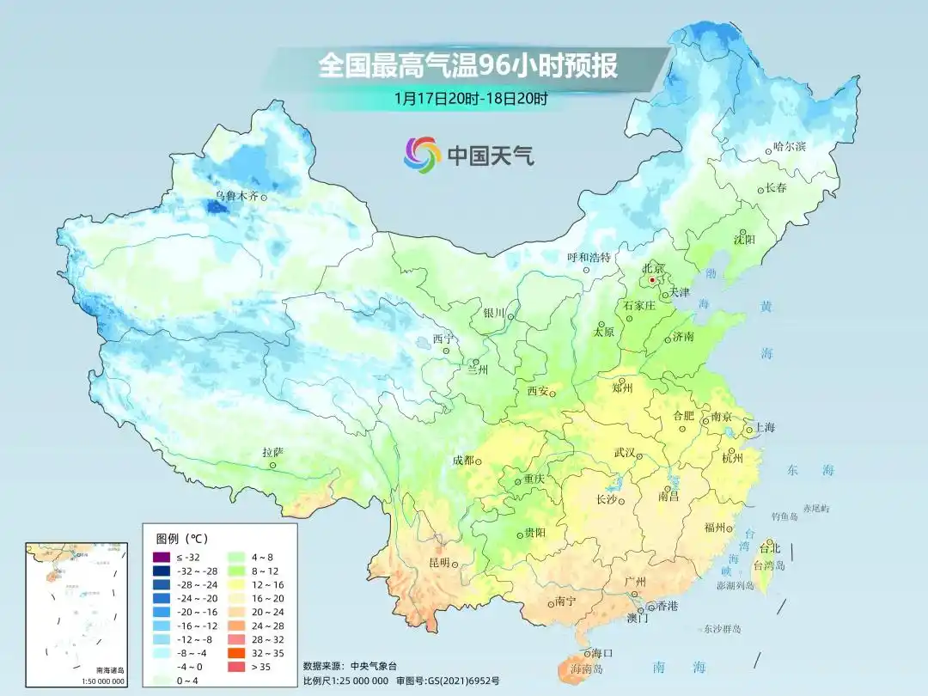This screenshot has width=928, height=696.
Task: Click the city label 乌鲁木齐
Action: [236, 196]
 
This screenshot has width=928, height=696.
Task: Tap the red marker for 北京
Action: [653, 279]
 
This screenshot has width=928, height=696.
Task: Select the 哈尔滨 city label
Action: [789, 147]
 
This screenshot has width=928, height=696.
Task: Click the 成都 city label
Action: [463, 461]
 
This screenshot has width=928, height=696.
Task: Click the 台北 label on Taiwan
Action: [771, 547]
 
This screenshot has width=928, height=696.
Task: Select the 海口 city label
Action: [601, 653]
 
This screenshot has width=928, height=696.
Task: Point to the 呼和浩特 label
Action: [589, 257]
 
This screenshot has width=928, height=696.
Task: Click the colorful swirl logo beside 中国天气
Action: [422, 154]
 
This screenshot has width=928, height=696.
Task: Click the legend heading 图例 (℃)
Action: [180, 539]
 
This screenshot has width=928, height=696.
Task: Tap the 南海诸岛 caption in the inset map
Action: [109, 670]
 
